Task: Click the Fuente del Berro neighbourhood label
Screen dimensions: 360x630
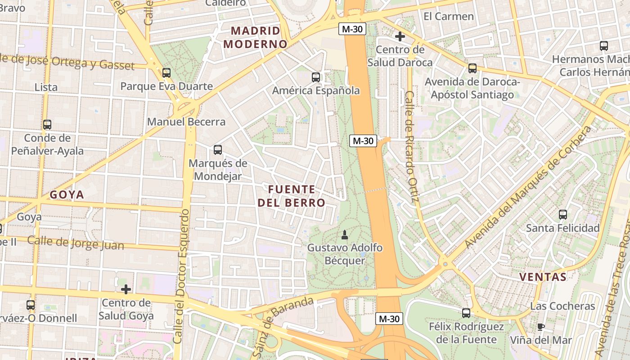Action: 291,196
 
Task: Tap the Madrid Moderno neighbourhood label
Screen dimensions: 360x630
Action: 255,37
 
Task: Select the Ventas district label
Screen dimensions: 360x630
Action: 543,277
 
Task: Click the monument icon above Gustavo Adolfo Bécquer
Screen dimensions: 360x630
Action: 345,234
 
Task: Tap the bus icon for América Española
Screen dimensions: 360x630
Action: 316,77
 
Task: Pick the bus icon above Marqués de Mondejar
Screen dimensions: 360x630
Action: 218,150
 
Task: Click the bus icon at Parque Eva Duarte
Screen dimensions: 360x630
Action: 166,72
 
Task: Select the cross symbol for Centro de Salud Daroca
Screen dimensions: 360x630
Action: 400,36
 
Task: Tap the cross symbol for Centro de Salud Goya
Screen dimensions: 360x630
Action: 126,289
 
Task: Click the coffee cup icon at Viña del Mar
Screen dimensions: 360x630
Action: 541,327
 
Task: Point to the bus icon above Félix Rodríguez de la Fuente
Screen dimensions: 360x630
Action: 466,313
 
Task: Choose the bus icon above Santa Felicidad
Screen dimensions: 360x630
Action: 563,215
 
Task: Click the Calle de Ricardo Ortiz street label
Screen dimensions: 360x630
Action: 412,146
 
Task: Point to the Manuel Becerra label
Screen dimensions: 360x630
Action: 186,122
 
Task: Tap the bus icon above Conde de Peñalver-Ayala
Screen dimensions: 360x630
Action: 47,125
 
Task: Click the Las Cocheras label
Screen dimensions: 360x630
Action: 562,306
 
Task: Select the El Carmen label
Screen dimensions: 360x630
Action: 449,17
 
